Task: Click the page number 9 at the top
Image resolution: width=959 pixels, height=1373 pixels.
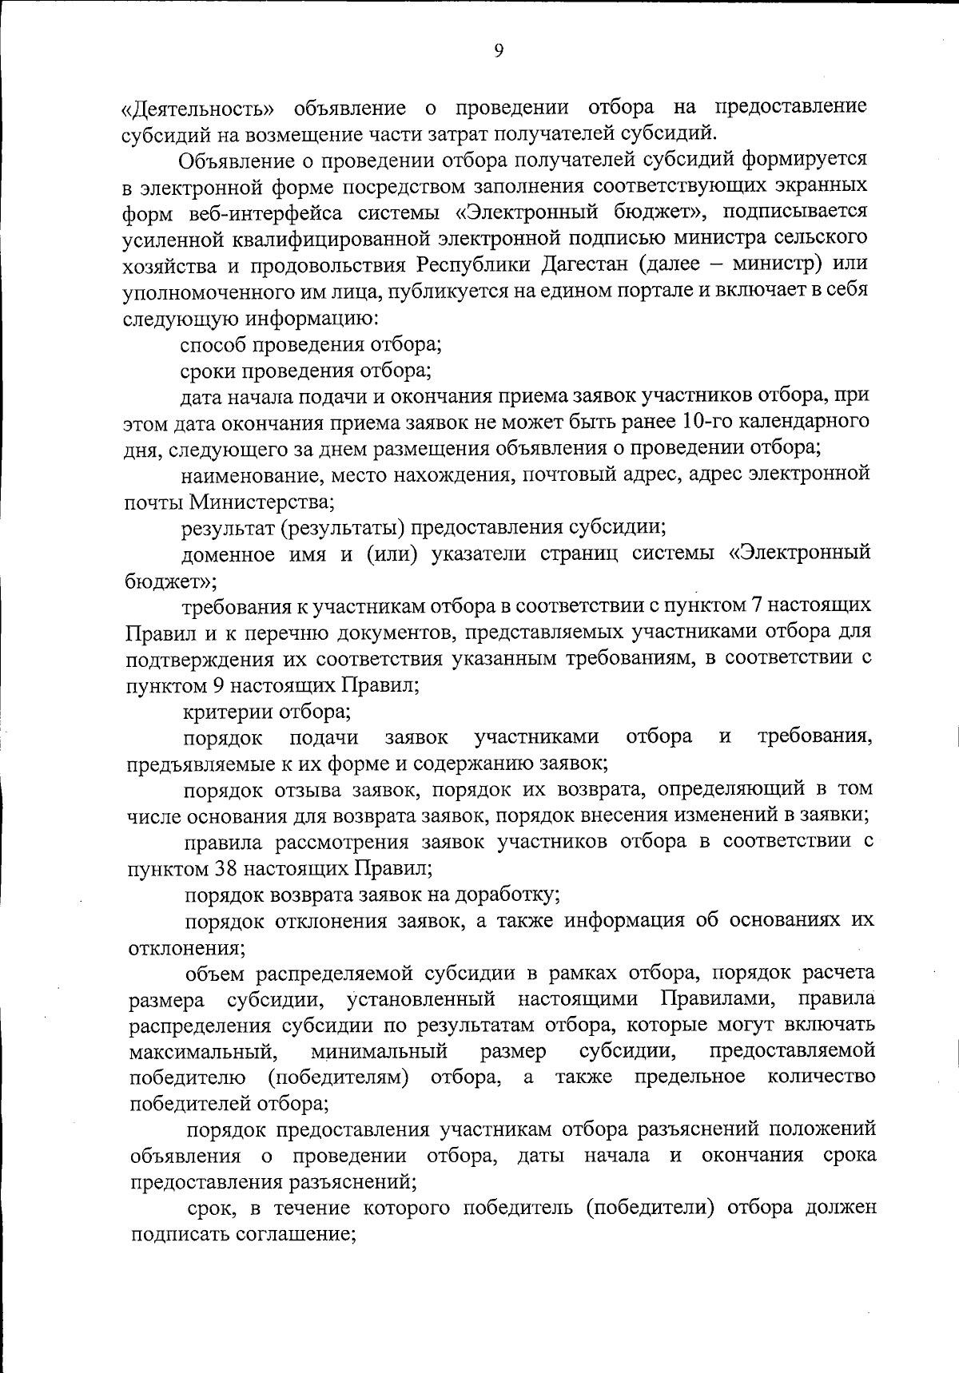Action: click(498, 52)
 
